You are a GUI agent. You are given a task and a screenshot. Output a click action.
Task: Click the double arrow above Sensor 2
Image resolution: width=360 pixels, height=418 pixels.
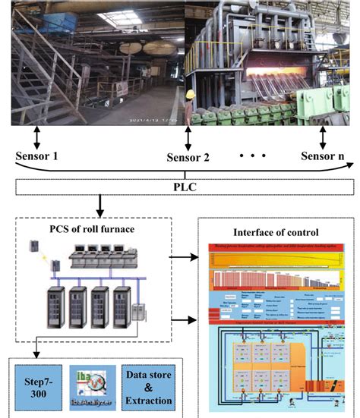pyautogui.click(x=187, y=138)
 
